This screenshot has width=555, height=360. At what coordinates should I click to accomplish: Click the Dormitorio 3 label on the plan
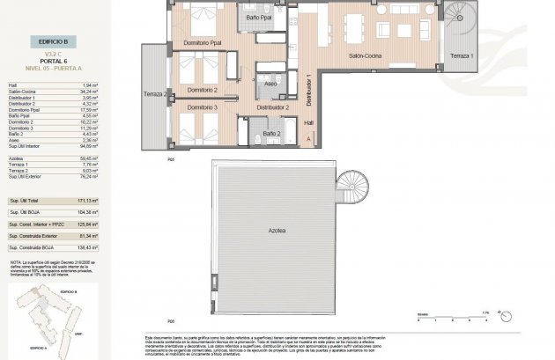[x=203, y=107]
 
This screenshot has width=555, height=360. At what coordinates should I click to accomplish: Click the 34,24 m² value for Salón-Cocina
[x=87, y=91]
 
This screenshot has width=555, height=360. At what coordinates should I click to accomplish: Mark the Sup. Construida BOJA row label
[x=36, y=248]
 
